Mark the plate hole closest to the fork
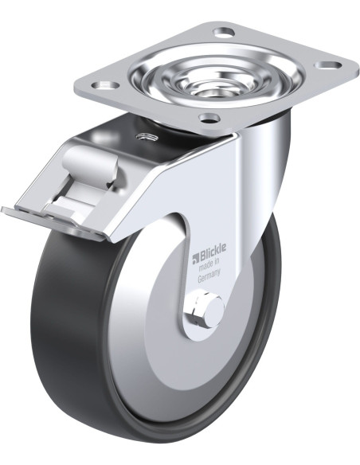[209, 119]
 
